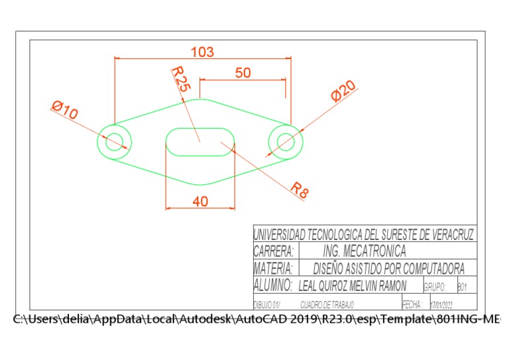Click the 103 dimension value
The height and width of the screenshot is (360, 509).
(202, 52)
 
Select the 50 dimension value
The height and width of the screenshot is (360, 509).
(243, 73)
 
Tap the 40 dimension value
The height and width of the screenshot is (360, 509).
(199, 202)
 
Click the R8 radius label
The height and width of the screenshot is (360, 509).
(300, 190)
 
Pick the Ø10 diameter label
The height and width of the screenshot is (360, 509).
(64, 110)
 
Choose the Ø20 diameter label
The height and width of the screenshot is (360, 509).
(344, 91)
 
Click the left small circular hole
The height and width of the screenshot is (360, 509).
(114, 141)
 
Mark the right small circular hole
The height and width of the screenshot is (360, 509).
(286, 141)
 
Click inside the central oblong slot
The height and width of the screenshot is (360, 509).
(199, 141)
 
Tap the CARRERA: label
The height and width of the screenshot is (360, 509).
(274, 251)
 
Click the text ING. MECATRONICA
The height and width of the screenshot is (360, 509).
(364, 251)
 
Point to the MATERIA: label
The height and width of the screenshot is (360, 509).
(273, 269)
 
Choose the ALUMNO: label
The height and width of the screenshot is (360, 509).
(273, 286)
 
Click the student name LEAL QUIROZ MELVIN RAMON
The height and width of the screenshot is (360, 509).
(353, 286)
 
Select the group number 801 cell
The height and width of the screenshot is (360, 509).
(463, 287)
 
